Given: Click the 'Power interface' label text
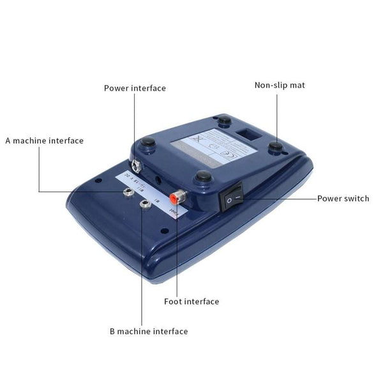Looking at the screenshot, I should point(135,88).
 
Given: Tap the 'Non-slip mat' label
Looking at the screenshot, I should point(280,85).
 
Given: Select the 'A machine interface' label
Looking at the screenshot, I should point(45,140).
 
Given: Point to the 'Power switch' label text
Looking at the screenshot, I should point(343,199).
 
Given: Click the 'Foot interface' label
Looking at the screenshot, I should point(191,301).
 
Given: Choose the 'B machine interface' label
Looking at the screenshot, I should point(148,331).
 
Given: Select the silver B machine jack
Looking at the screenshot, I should point(146,204).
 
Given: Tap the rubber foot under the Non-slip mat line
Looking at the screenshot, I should point(276,147).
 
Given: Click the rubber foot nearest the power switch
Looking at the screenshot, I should point(203,176).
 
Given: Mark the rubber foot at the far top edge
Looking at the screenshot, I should point(223,119).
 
